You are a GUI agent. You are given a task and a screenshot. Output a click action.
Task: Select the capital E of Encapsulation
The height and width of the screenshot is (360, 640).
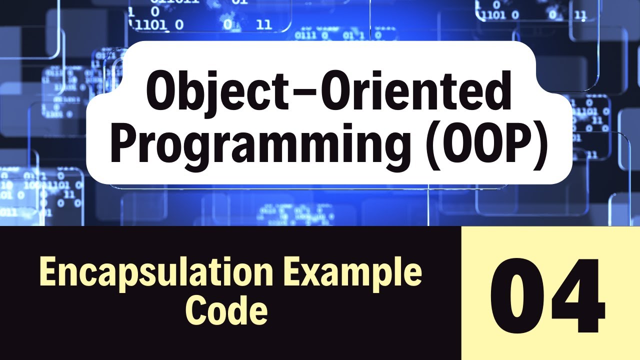pos(46,273)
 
